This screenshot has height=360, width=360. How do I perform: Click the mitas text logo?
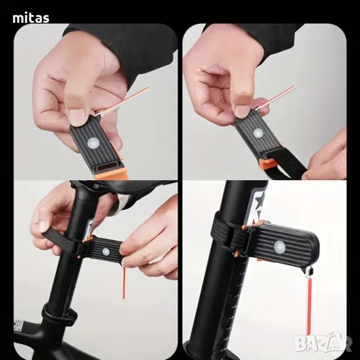point(31,18)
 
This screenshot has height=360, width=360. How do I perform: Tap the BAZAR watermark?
point(323,343)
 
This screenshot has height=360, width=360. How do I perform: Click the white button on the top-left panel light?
point(93,143)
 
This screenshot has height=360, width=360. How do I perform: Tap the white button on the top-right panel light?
point(258,133)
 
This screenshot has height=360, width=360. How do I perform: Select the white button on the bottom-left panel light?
point(106,251)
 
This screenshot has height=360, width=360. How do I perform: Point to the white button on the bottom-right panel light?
point(280,247)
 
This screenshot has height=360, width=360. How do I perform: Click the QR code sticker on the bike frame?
point(18,325)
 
